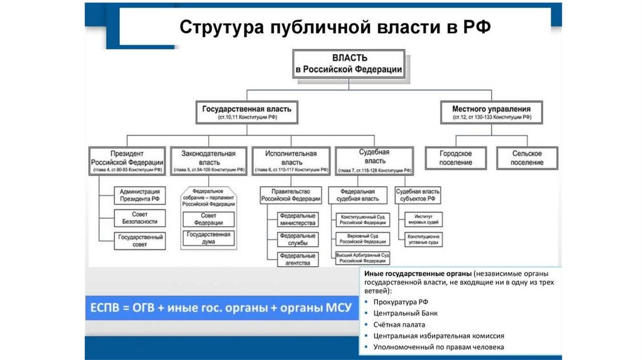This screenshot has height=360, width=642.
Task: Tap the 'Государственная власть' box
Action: (246, 112)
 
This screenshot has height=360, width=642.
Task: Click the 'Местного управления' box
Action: (491, 112)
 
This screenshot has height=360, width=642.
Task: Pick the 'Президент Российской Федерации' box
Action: (127, 161)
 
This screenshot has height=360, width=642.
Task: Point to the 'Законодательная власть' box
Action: (208, 161)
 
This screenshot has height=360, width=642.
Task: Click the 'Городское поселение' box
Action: (456, 157)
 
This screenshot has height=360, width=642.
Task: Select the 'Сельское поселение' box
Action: (527, 157)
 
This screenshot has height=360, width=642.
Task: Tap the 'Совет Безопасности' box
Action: (140, 218)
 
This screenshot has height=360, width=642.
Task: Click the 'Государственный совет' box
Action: (140, 241)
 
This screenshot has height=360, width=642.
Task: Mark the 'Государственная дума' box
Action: (208, 238)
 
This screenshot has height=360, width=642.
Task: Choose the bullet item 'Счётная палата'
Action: (399, 324)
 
